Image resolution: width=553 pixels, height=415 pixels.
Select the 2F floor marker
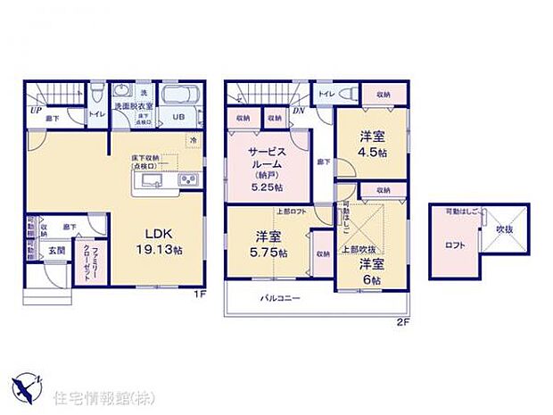pyautogui.click(x=403, y=320)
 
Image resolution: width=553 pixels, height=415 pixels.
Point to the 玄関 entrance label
pyautogui.click(x=56, y=251)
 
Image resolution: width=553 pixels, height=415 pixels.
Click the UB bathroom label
pyautogui.click(x=178, y=117)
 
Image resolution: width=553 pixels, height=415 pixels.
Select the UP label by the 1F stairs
pyautogui.click(x=36, y=111)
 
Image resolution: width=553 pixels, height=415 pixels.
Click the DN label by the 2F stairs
pyautogui.click(x=297, y=111)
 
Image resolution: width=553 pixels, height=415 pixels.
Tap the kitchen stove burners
pyautogui.click(x=188, y=181)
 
